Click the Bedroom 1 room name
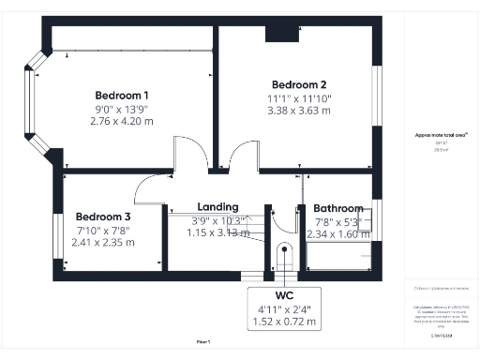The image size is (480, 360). click(x=122, y=95)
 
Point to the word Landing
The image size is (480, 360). click(x=217, y=207)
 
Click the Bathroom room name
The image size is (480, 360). click(x=338, y=208)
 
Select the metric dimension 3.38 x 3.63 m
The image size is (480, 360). click(x=298, y=110)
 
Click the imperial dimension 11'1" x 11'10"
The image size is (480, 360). click(x=298, y=97)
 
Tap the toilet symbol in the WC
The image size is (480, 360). click(x=286, y=256)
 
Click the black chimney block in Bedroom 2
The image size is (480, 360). click(x=278, y=34)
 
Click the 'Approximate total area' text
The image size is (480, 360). click(x=434, y=134)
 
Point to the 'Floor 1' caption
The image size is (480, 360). click(x=203, y=341)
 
